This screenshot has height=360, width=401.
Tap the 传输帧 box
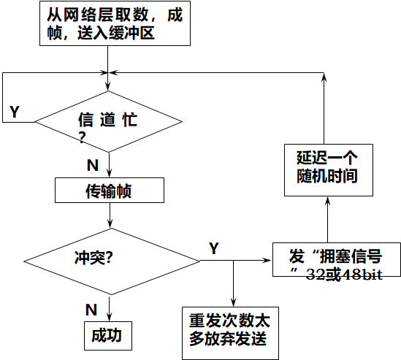point(109,191)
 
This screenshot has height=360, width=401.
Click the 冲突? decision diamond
point(110,260)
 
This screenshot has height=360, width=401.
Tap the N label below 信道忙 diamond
point(92,164)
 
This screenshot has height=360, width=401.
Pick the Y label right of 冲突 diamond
point(213,248)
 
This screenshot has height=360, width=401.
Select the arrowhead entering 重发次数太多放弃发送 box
point(232,305)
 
